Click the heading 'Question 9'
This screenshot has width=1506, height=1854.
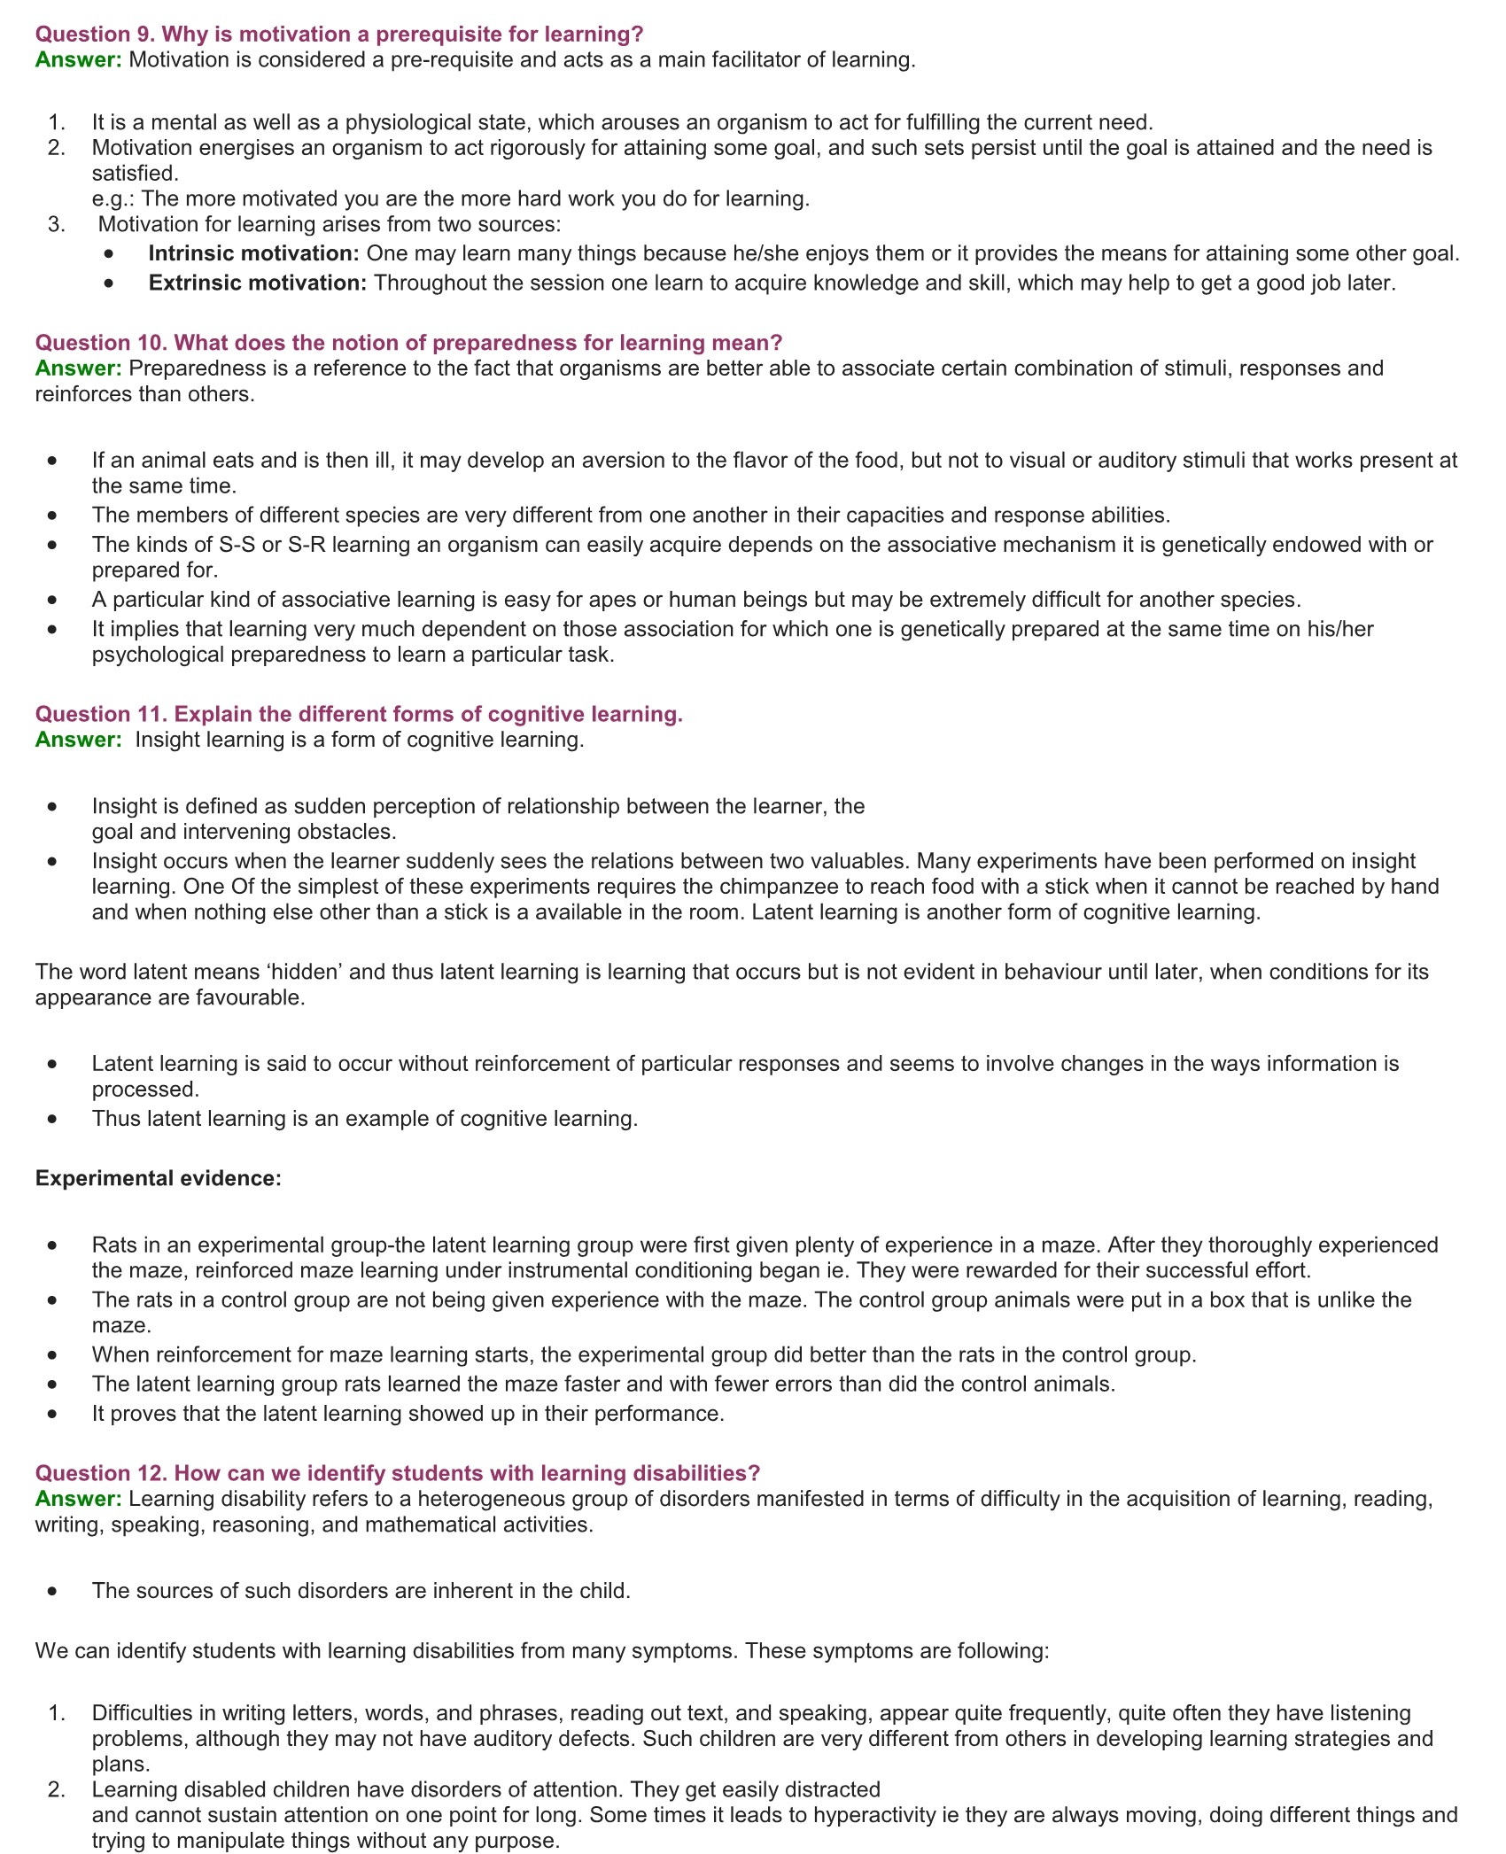click(x=338, y=35)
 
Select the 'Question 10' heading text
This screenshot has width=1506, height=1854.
click(x=408, y=343)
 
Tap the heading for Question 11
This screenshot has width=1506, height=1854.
click(x=359, y=714)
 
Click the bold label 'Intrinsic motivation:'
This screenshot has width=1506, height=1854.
click(x=253, y=253)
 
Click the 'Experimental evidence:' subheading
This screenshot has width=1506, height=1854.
click(x=158, y=1178)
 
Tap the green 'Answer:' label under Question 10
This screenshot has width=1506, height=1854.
click(x=78, y=368)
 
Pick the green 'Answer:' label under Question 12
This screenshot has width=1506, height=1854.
click(x=78, y=1499)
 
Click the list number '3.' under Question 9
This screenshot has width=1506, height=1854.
click(x=57, y=224)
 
